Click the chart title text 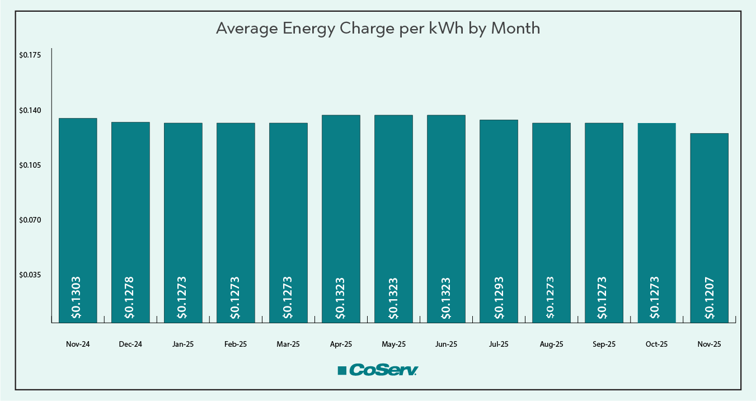378,29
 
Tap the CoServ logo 378,370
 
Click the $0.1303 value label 77,298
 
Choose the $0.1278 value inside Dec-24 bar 129,298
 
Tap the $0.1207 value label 709,298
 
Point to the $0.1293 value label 499,298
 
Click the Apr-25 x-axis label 341,345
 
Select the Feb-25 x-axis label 236,345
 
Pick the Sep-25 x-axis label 604,345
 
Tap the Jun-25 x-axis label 446,345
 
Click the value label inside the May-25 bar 393,298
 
